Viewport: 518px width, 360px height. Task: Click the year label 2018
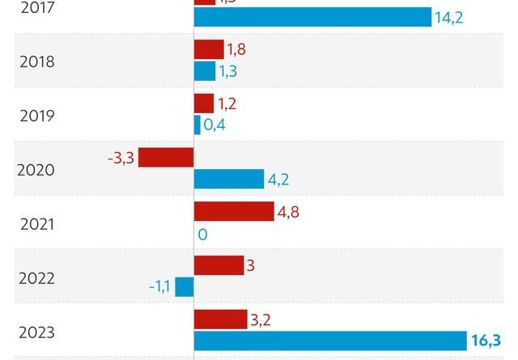(36, 61)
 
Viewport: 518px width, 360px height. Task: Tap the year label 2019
(36, 116)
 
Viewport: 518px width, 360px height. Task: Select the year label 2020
(36, 170)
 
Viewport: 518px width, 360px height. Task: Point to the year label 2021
(36, 224)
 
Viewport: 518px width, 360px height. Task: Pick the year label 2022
(36, 278)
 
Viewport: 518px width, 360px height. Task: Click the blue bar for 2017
(312, 17)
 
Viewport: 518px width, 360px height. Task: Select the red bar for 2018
(208, 49)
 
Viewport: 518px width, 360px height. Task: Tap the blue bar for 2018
(205, 71)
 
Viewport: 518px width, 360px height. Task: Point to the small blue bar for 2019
(197, 125)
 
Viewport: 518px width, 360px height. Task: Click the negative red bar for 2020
(166, 157)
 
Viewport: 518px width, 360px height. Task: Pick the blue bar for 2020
(229, 179)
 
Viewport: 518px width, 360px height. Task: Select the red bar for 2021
(234, 211)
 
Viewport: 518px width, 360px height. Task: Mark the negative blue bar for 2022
(185, 287)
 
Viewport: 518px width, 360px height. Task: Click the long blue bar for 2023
(330, 341)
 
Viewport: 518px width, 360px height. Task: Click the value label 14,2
(448, 18)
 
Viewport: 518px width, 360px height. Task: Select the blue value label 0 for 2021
(203, 235)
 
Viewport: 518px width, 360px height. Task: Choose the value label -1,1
(159, 287)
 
